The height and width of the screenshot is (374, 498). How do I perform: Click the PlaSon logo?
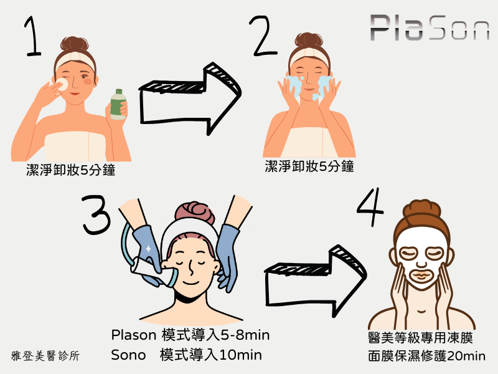430,28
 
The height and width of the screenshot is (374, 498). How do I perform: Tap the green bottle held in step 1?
118,105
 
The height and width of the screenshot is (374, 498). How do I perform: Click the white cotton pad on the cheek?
62,84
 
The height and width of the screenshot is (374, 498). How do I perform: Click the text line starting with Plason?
190,335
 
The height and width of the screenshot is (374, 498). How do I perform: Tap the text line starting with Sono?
186,355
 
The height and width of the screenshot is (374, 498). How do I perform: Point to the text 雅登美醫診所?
45,357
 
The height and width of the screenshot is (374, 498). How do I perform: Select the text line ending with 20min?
426,356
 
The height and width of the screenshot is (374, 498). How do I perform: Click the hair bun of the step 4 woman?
421,211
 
